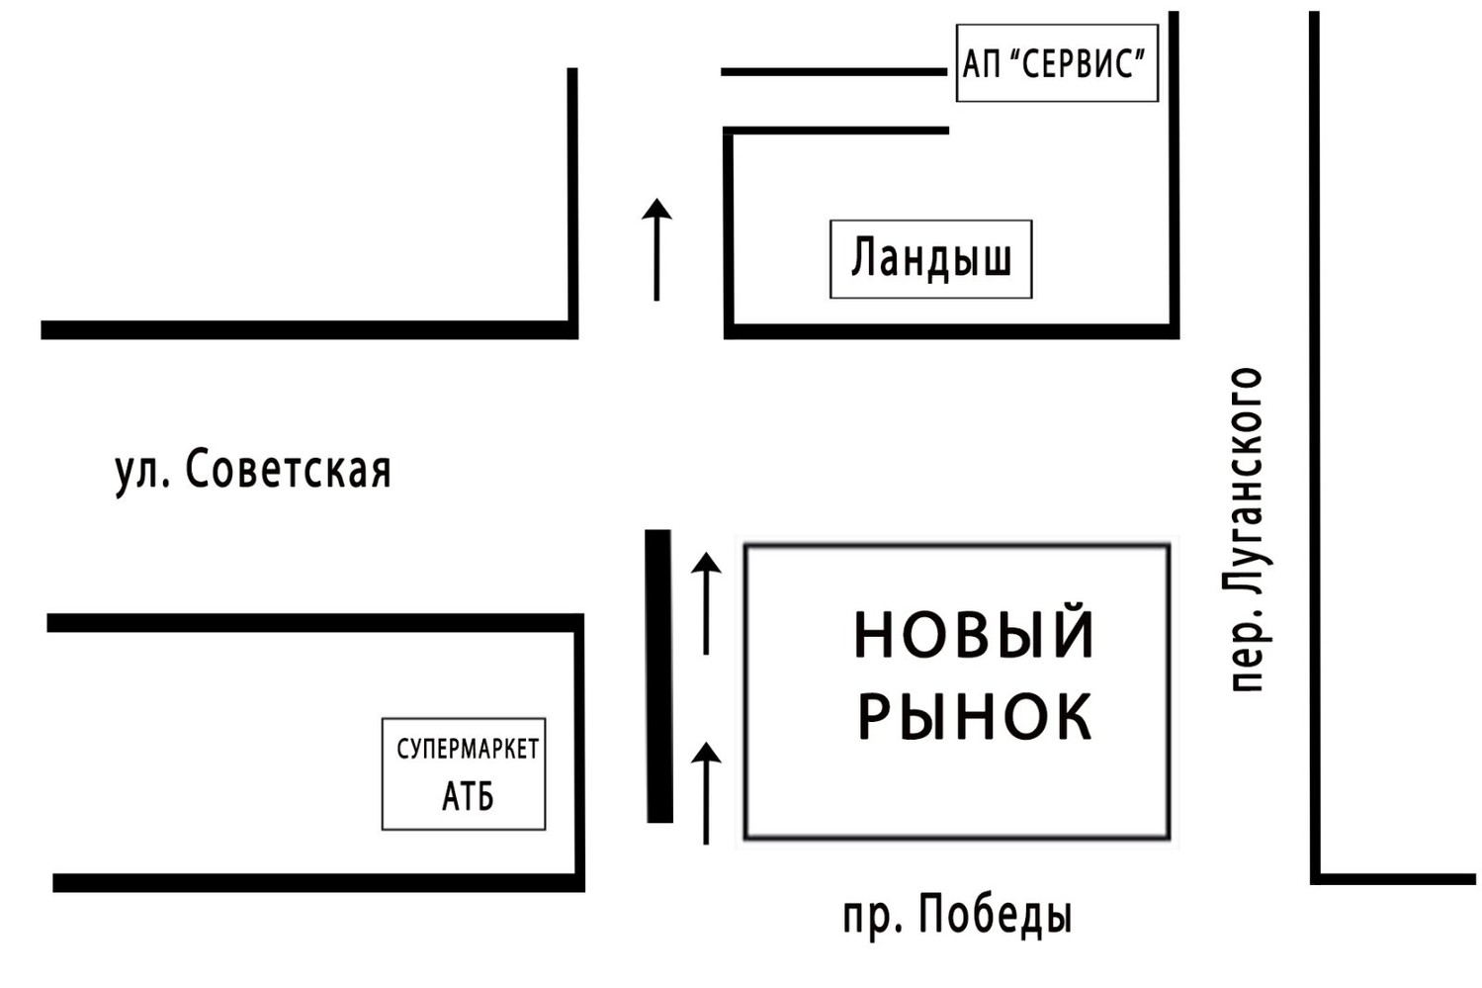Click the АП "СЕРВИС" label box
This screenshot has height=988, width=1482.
[1056, 63]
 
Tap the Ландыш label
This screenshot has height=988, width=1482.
[930, 259]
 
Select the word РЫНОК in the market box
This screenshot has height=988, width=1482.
[974, 716]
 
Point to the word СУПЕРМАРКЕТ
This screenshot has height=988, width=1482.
[467, 750]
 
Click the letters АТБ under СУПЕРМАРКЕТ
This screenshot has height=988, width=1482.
[467, 796]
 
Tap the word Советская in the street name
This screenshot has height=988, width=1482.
[288, 471]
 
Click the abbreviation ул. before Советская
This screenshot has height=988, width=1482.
[141, 473]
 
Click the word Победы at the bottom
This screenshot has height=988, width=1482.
[996, 915]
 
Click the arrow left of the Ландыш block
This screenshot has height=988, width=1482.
[656, 248]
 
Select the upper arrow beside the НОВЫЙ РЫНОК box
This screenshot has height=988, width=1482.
[705, 602]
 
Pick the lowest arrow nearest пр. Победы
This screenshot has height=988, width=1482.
[705, 793]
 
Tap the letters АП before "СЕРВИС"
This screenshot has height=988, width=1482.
[982, 65]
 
